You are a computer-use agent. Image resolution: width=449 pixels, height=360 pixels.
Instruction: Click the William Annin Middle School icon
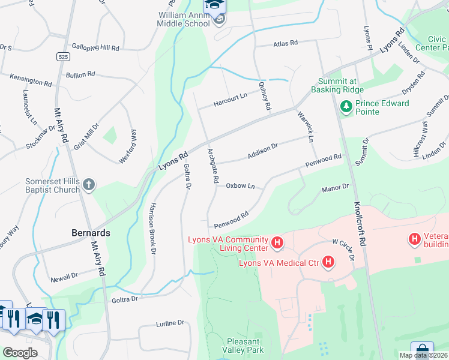220,21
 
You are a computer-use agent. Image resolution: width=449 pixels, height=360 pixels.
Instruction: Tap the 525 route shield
62,56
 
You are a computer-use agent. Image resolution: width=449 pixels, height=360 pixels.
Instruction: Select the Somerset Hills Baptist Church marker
89,185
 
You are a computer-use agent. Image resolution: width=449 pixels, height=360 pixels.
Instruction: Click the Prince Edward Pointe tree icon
346,107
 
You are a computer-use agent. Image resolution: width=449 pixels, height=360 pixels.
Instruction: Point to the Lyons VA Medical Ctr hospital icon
328,262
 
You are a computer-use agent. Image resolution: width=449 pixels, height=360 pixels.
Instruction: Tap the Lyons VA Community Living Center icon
277,243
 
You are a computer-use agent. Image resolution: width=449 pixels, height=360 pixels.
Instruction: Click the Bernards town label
91,232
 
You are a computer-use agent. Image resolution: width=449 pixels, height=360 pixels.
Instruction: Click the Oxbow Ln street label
241,186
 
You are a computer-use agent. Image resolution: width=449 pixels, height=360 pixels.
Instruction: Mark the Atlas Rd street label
285,43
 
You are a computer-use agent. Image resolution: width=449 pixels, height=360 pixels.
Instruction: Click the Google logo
20,353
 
